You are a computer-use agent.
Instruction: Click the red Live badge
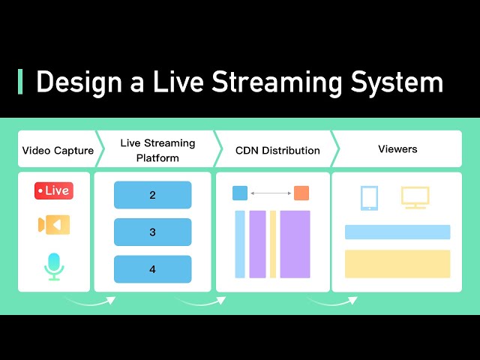(x=54, y=190)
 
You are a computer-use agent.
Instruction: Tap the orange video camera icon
(x=54, y=224)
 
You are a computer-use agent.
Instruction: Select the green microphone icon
(x=54, y=265)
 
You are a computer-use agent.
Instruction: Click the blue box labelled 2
(x=152, y=195)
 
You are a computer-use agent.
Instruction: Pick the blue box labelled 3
(x=152, y=232)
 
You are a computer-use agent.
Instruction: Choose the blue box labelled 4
(x=152, y=268)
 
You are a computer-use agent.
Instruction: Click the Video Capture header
(x=58, y=150)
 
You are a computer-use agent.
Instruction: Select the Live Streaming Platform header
(x=157, y=150)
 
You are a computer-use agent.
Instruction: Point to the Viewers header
(x=397, y=149)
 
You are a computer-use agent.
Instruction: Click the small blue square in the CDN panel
(x=240, y=193)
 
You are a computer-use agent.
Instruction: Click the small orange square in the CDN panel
(x=301, y=193)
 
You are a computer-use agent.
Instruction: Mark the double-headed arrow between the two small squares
(x=271, y=193)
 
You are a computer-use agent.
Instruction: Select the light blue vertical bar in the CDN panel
(x=240, y=244)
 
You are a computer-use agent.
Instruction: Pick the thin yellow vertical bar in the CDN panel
(x=273, y=244)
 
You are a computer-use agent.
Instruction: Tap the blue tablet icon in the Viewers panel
(x=369, y=198)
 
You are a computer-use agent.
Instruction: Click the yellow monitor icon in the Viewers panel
(x=415, y=197)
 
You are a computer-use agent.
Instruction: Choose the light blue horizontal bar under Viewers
(x=397, y=232)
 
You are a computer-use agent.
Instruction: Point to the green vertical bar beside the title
(x=20, y=82)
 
